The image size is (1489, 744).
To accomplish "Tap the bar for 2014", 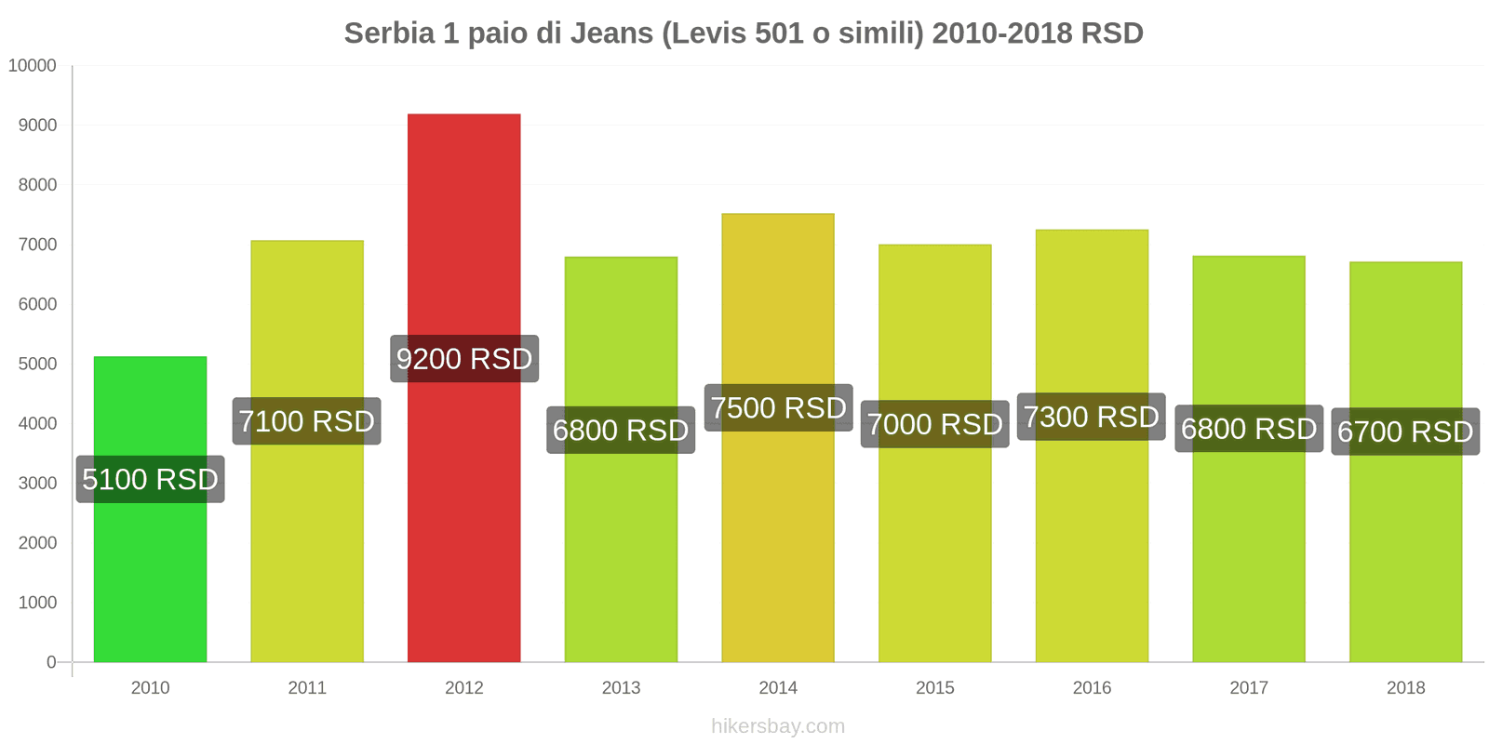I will (x=778, y=539).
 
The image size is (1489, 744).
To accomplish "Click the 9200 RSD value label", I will (x=463, y=359).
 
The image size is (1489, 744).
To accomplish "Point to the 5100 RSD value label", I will (x=150, y=479).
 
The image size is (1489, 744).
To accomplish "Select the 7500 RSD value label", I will (x=778, y=407).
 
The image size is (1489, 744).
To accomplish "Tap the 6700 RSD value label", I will (x=1405, y=432).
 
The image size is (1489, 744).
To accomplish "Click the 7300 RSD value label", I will (x=1091, y=417).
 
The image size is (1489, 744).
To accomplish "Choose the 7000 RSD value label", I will (x=934, y=424).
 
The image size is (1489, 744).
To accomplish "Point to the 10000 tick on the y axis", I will (x=33, y=66).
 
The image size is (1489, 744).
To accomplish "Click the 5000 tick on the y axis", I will (x=37, y=364).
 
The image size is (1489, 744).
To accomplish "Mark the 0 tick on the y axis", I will (x=51, y=662).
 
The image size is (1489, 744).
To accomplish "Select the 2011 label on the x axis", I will (x=307, y=688).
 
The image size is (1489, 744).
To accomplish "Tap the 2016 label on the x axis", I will (x=1092, y=688).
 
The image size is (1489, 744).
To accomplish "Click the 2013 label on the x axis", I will (x=621, y=688).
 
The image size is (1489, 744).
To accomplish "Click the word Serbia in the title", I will (x=389, y=33).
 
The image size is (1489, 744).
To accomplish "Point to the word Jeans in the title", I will (x=611, y=33).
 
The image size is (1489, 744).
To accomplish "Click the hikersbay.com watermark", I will (x=778, y=726).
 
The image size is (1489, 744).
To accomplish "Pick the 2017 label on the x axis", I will (x=1249, y=688).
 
